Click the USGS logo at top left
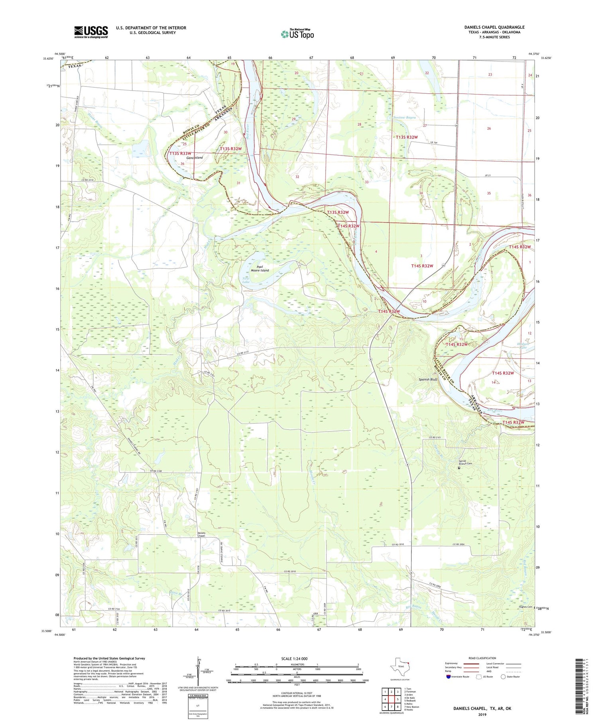(x=91, y=32)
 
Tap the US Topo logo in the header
(x=297, y=34)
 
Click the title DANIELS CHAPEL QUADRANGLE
(x=494, y=27)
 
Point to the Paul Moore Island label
(x=260, y=268)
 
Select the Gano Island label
(x=194, y=158)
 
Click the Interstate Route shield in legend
(x=448, y=677)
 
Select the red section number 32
(x=297, y=176)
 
